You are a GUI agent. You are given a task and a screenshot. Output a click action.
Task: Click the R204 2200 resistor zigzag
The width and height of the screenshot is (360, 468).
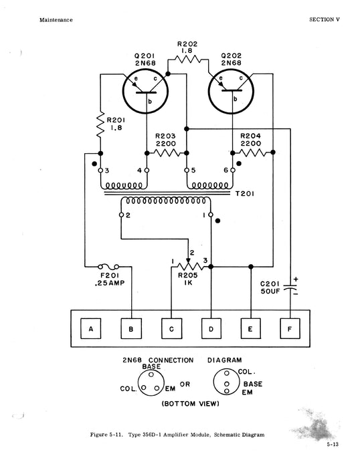click(x=253, y=153)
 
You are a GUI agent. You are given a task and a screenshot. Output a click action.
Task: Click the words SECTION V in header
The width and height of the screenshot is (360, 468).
click(x=325, y=19)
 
